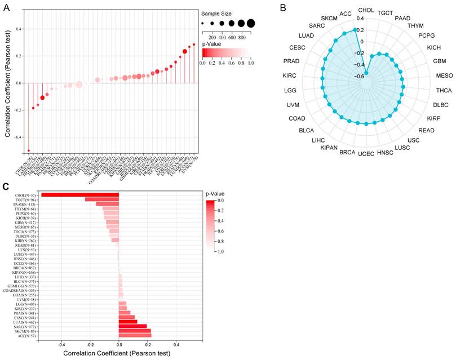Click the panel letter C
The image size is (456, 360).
pyautogui.click(x=6, y=186)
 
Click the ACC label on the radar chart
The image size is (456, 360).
pyautogui.click(x=346, y=13)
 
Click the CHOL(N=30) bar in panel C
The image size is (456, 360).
pyautogui.click(x=80, y=195)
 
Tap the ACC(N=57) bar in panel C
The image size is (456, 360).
pyautogui.click(x=135, y=336)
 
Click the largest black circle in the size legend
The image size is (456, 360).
pyautogui.click(x=250, y=23)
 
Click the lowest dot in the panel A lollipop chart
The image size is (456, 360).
pyautogui.click(x=29, y=150)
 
